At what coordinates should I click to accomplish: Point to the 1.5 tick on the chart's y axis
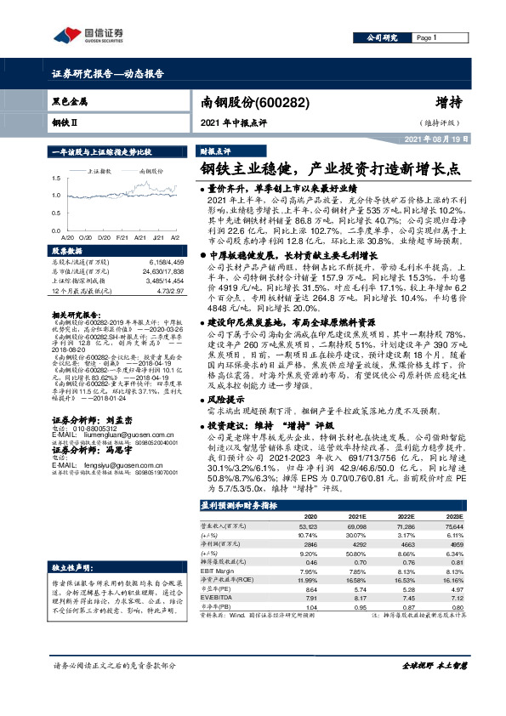click(x=55, y=179)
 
